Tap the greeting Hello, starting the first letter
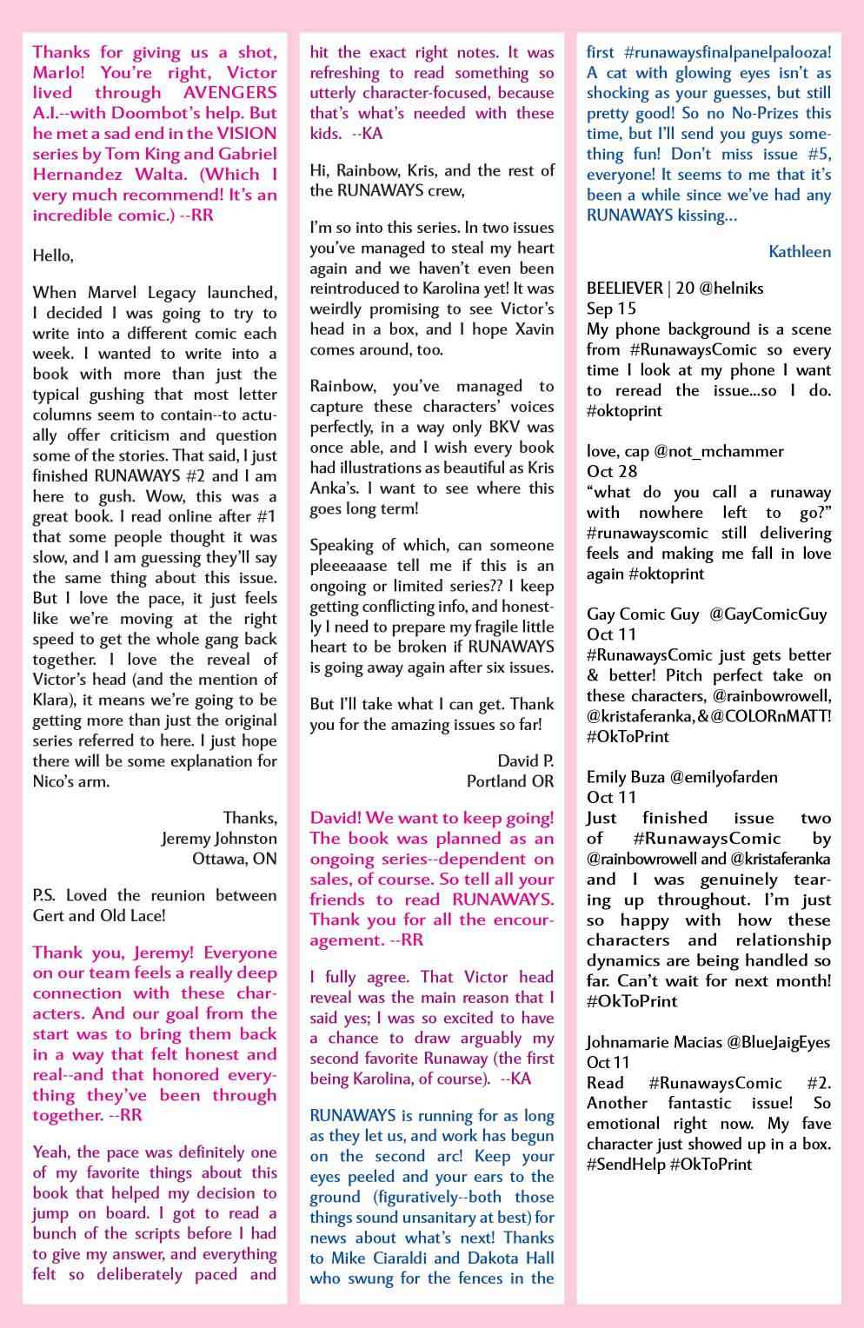click(x=53, y=256)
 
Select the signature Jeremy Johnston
click(x=219, y=839)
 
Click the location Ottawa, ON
click(x=235, y=859)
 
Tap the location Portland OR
click(x=510, y=781)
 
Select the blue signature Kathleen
click(x=800, y=252)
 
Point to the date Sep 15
click(x=611, y=309)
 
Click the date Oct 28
click(x=612, y=471)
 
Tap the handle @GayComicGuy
click(x=768, y=614)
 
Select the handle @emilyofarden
click(x=723, y=777)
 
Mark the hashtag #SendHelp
click(x=624, y=1165)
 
